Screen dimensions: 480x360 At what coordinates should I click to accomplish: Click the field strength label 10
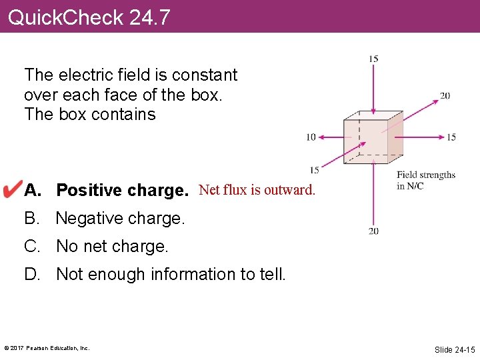pyautogui.click(x=311, y=137)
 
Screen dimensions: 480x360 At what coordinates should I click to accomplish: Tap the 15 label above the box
pyautogui.click(x=373, y=59)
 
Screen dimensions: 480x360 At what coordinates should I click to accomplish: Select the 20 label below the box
pyautogui.click(x=373, y=231)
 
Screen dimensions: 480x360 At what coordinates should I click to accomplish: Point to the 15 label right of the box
pyautogui.click(x=451, y=137)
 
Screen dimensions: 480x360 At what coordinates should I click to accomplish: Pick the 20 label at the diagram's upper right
pyautogui.click(x=445, y=95)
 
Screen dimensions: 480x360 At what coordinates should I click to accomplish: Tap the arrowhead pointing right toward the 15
pyautogui.click(x=441, y=137)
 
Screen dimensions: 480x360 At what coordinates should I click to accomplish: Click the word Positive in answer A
pyautogui.click(x=89, y=191)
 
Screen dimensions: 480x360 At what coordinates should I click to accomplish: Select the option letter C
pyautogui.click(x=31, y=246)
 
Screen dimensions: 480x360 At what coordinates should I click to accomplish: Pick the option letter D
pyautogui.click(x=31, y=274)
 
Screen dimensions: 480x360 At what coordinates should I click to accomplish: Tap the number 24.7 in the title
pyautogui.click(x=150, y=17)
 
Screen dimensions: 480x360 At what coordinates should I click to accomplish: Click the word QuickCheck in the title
pyautogui.click(x=65, y=17)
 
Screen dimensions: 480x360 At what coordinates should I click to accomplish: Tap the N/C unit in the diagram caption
pyautogui.click(x=414, y=186)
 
